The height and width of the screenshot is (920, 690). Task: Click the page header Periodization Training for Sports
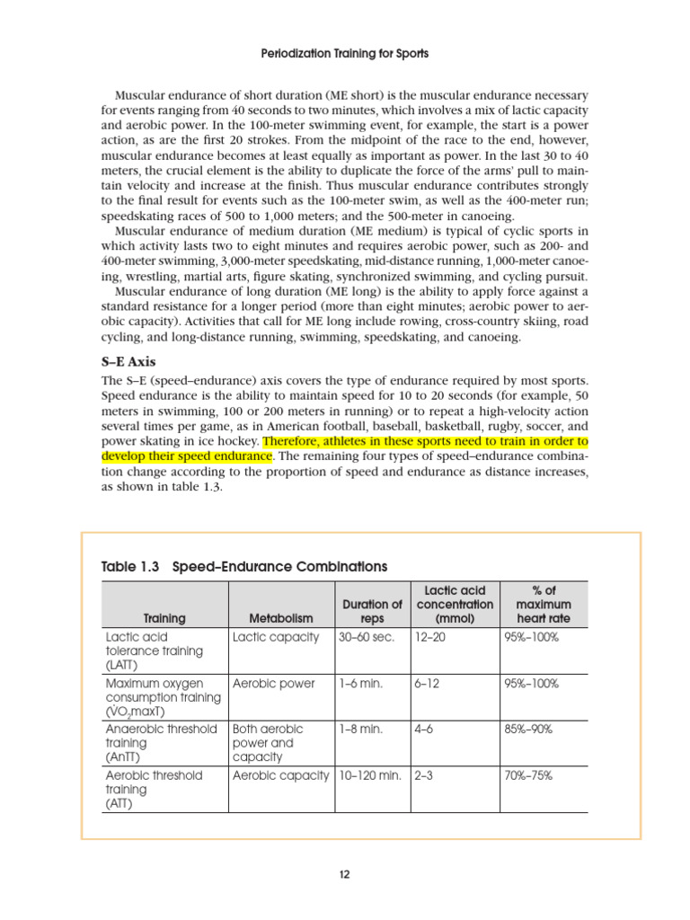tap(344, 54)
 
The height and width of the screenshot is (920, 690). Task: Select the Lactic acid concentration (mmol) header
tap(455, 605)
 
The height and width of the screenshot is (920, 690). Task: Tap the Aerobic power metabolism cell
tap(274, 684)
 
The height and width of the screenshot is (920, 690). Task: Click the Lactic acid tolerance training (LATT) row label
tap(155, 650)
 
